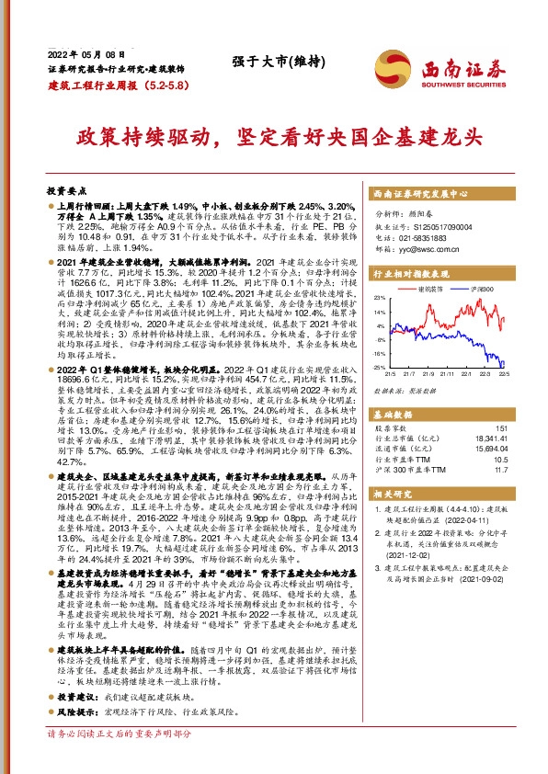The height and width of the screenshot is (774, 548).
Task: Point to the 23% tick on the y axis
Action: tap(379, 299)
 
